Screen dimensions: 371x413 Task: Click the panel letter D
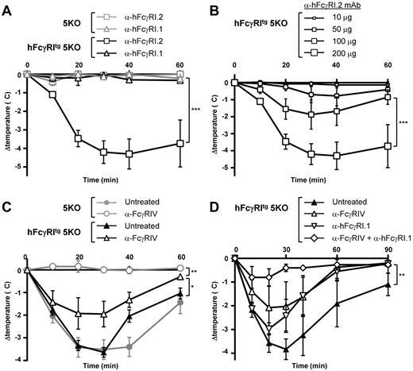(216, 197)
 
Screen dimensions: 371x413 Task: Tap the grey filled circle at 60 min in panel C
(181, 303)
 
